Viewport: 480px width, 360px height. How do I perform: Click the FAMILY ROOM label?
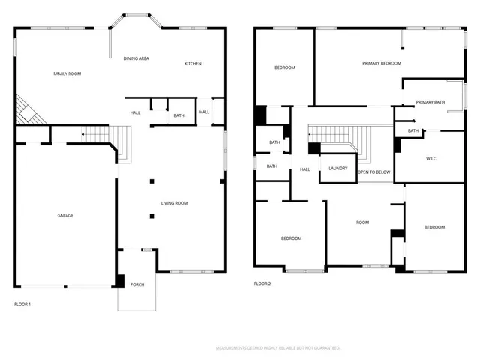coord(67,73)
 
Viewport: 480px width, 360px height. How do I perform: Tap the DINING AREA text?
coord(136,58)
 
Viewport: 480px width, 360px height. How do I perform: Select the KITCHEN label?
coord(193,63)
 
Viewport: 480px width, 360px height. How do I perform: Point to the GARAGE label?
coord(65,215)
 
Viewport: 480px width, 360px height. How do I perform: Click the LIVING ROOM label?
coord(174,203)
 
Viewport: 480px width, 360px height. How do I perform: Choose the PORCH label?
coord(136,284)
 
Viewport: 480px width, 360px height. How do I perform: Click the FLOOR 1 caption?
coord(22,304)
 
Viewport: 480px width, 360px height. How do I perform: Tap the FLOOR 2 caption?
coord(262,283)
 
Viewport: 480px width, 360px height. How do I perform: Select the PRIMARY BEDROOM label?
coord(382,63)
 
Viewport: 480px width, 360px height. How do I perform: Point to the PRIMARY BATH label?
coord(430,102)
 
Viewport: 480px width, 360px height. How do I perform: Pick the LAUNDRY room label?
coord(337,168)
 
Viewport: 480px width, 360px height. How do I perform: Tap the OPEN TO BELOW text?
coord(373,172)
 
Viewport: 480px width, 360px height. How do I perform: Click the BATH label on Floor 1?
coord(178,115)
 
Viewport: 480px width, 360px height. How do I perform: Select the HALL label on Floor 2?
coord(305,169)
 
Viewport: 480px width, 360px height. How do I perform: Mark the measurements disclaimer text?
coord(278,348)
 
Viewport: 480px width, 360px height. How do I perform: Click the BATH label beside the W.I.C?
coord(413,131)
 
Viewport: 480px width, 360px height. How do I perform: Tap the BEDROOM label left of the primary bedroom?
coord(284,67)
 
